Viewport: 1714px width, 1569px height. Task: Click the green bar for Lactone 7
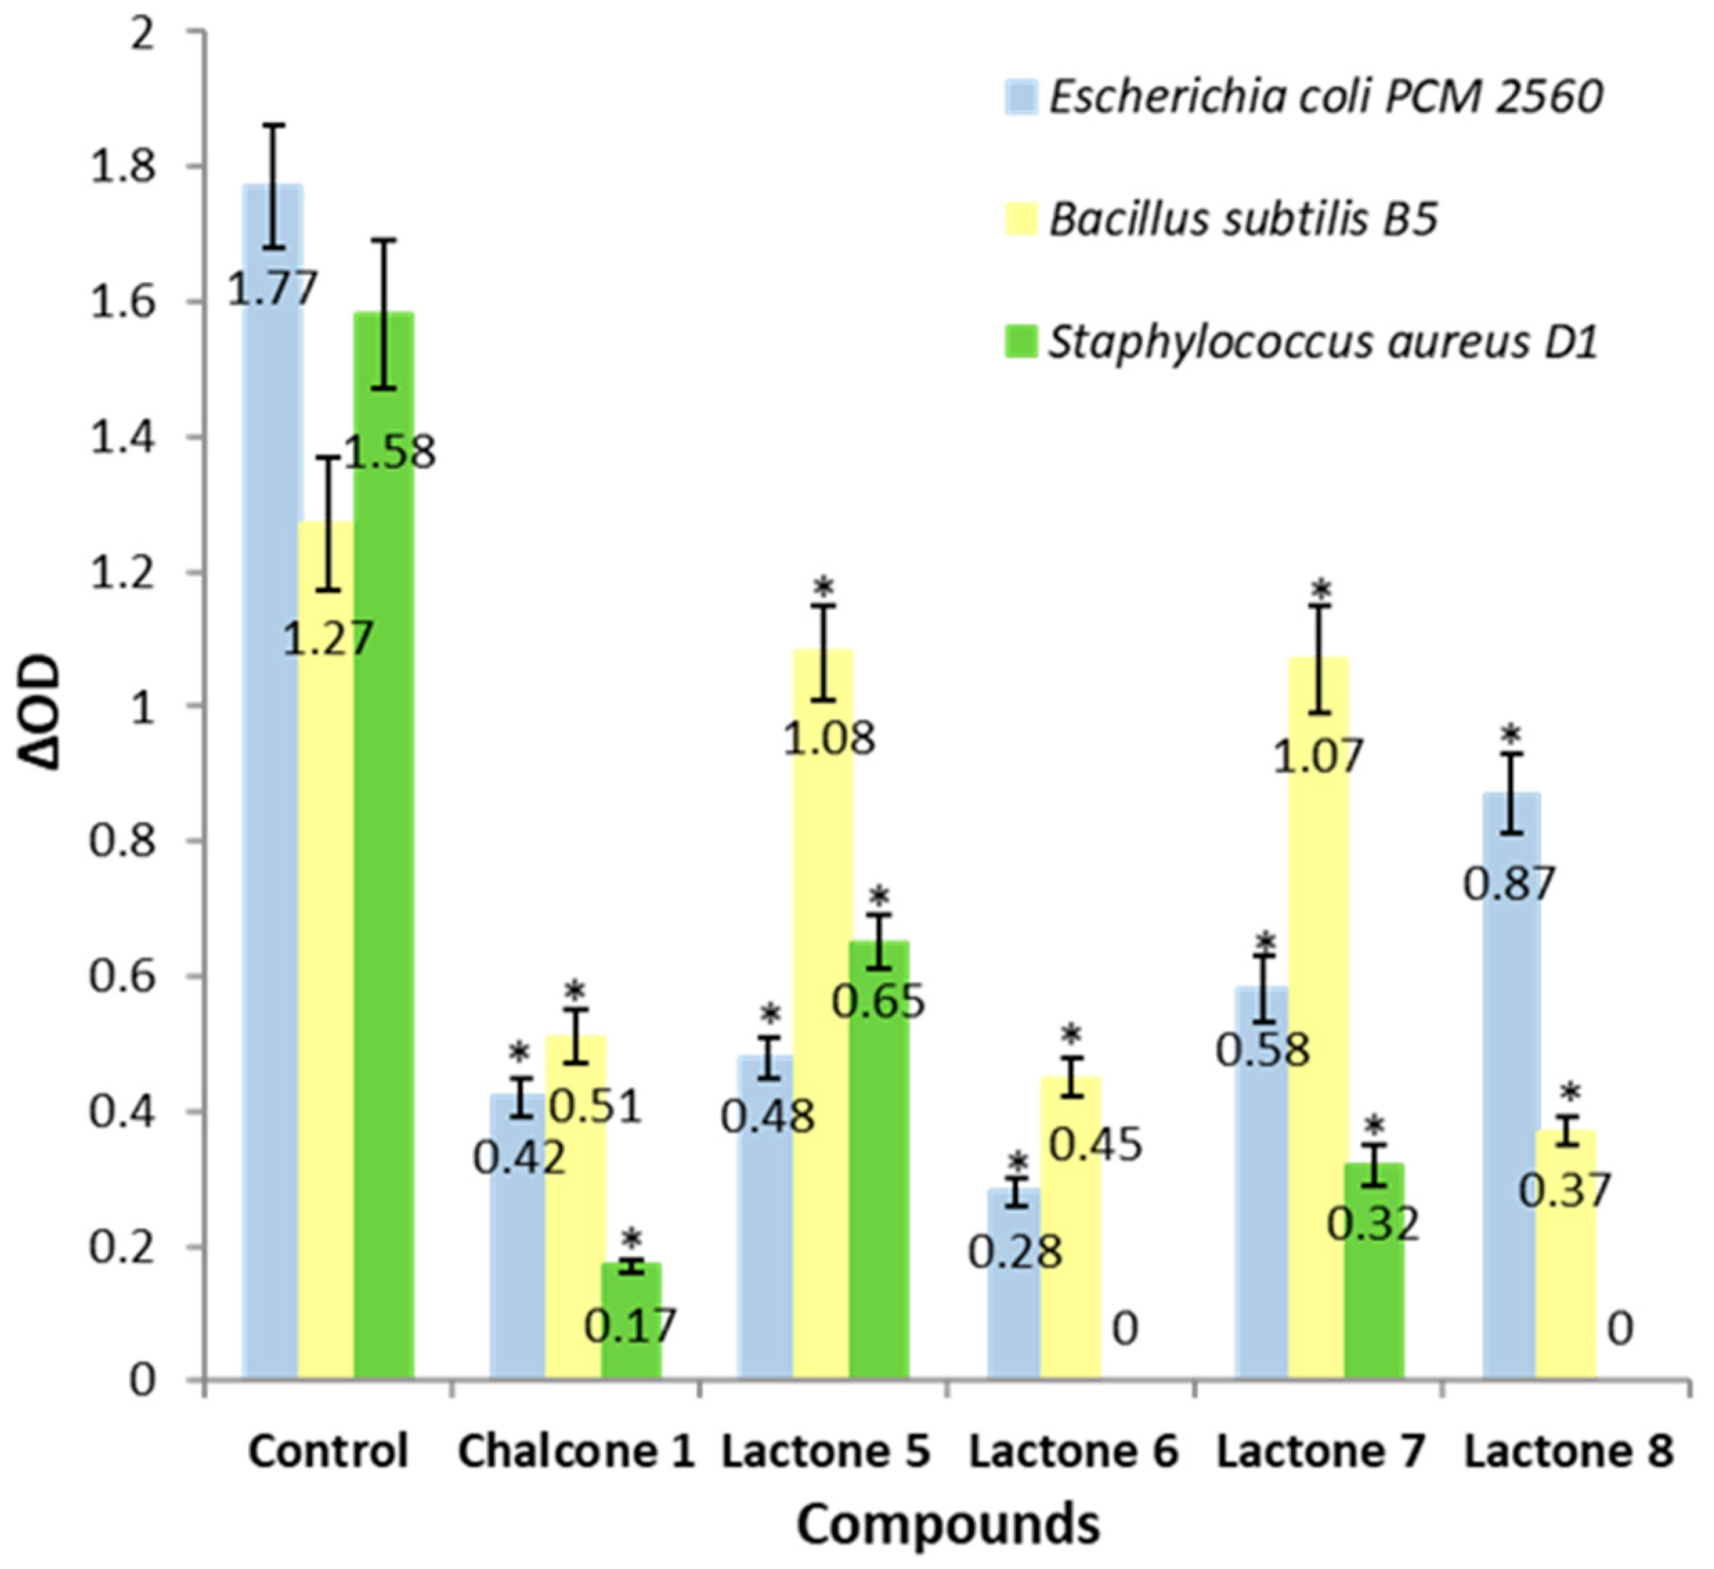(1375, 1276)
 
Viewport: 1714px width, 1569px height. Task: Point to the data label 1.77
(272, 289)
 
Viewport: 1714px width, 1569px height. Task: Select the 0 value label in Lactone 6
(1125, 1329)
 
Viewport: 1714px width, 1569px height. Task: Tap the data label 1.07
(1318, 755)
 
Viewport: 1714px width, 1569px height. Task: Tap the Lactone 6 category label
(1074, 1451)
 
